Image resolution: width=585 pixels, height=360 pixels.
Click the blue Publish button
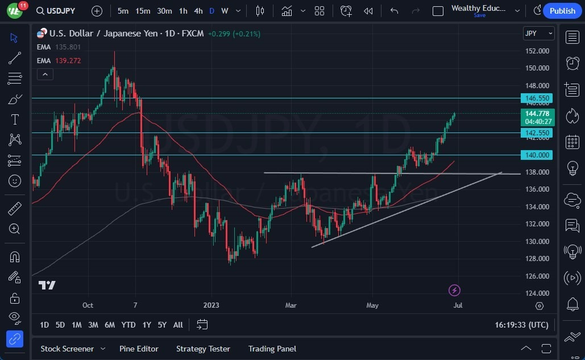(x=562, y=11)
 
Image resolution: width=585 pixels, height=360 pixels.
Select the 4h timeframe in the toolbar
(x=198, y=11)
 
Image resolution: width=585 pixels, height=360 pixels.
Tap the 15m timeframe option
(x=143, y=11)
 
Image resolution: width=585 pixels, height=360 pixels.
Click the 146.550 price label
(x=537, y=98)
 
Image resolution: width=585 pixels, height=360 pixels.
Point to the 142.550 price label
(x=537, y=133)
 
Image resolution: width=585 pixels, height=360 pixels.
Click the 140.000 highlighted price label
(x=537, y=155)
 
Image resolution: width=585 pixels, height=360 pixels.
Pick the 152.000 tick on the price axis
(x=537, y=51)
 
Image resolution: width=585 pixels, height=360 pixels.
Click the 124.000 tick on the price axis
(x=537, y=293)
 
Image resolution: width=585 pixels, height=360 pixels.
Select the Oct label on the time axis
(x=88, y=305)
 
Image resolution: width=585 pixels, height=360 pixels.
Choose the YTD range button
(x=128, y=325)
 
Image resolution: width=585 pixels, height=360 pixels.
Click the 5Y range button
(x=162, y=325)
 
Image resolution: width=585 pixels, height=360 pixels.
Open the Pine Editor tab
(x=139, y=349)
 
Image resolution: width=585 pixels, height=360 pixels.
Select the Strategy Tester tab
(x=203, y=349)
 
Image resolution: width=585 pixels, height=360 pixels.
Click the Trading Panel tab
(x=272, y=349)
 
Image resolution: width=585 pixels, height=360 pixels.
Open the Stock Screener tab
(x=67, y=349)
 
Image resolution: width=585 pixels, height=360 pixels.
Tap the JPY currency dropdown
(x=538, y=34)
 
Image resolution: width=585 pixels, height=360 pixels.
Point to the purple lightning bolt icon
(x=454, y=291)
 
